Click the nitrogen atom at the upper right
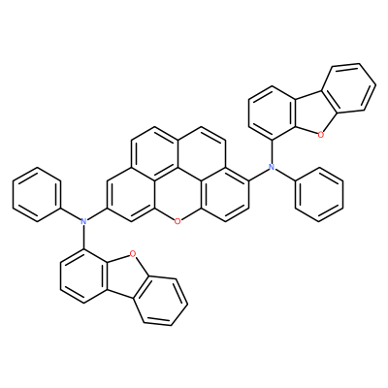[x=272, y=167]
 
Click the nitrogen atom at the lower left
[x=83, y=221]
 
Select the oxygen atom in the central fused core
[x=178, y=221]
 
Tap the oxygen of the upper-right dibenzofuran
[x=321, y=135]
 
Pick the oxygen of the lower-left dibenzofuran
[x=132, y=254]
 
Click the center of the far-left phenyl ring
[x=37, y=194]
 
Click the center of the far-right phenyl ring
[x=319, y=194]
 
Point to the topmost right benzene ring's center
[x=349, y=89]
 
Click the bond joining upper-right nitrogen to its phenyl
[x=285, y=175]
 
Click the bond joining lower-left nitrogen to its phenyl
[x=73, y=214]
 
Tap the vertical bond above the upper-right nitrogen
[x=272, y=152]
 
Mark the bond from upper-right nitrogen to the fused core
[x=260, y=175]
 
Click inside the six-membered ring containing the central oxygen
[x=178, y=194]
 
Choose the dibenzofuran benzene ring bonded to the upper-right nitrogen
[x=272, y=113]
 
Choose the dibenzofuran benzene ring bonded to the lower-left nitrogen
[x=83, y=275]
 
